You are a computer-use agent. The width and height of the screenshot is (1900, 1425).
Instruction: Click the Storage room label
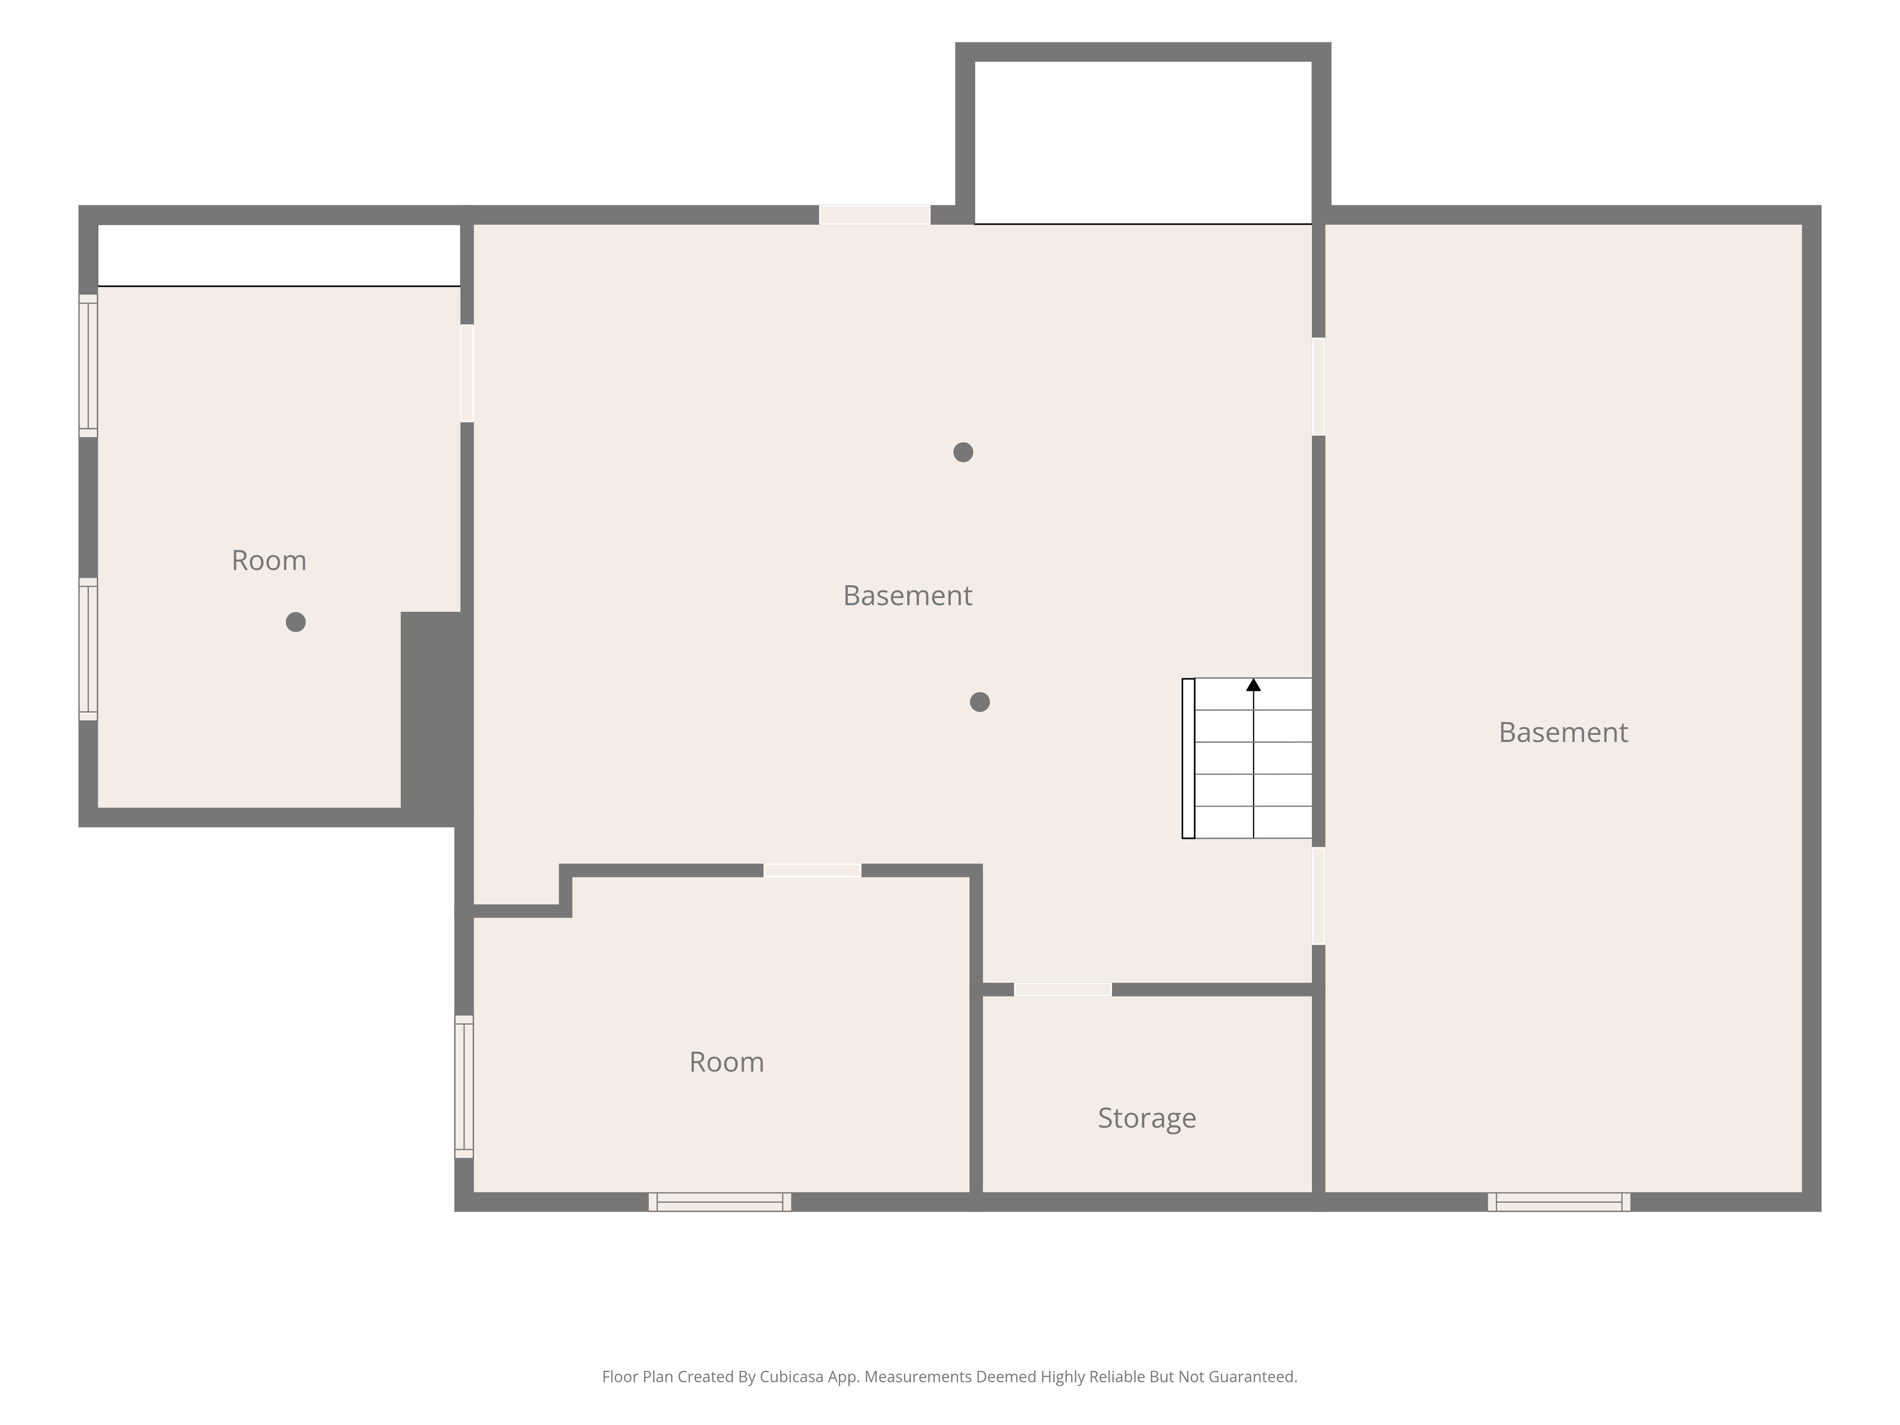[1147, 1118]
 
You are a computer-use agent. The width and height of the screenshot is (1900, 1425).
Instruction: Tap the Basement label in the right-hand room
[1563, 732]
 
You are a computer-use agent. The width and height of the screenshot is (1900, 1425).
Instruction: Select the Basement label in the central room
[908, 595]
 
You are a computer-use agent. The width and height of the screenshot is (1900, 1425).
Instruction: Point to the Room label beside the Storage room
[727, 1062]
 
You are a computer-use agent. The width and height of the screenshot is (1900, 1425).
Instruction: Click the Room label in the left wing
[269, 560]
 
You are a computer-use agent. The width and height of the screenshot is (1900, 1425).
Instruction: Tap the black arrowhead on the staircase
[1253, 684]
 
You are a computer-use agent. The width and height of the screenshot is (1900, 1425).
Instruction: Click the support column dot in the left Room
[295, 622]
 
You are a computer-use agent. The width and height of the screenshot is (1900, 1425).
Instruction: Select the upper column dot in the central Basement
[963, 452]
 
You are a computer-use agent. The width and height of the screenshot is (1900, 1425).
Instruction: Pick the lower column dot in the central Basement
[979, 702]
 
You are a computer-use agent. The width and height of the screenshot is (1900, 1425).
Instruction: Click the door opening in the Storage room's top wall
[1063, 989]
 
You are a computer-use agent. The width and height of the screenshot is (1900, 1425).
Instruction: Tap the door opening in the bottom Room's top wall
[813, 870]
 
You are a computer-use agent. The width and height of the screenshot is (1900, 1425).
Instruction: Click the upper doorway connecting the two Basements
[1319, 387]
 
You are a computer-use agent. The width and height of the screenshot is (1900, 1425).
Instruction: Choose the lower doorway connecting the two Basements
[1319, 896]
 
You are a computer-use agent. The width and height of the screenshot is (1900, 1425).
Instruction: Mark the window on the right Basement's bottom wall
[1559, 1202]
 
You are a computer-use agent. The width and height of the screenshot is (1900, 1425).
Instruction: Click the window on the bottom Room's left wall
[464, 1087]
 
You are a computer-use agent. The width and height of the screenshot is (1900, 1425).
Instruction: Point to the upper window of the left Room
[88, 366]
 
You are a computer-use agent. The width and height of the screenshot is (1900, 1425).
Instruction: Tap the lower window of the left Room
[88, 649]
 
